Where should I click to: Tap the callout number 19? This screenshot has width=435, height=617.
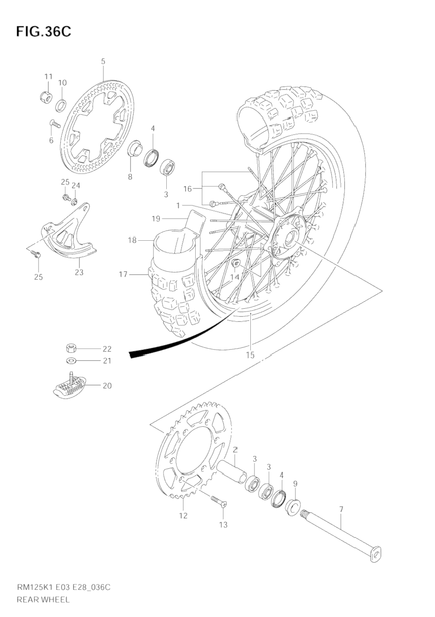point(156,219)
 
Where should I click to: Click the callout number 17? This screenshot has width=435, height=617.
point(123,274)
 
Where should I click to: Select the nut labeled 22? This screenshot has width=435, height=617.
point(71,349)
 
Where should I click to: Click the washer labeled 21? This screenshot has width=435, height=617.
point(71,361)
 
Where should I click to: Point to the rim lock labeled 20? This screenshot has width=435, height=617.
point(68,386)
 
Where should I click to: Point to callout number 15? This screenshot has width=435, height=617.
point(250,355)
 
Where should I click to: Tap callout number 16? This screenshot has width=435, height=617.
point(187,188)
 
